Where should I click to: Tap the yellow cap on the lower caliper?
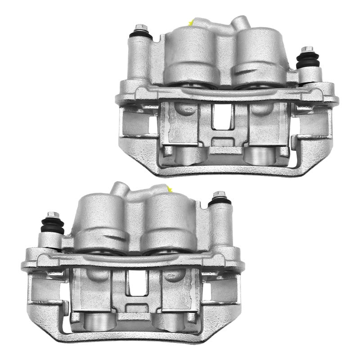pyautogui.click(x=170, y=188)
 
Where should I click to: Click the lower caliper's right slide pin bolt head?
pyautogui.click(x=220, y=194)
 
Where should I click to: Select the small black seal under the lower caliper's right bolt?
pyautogui.click(x=220, y=201)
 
